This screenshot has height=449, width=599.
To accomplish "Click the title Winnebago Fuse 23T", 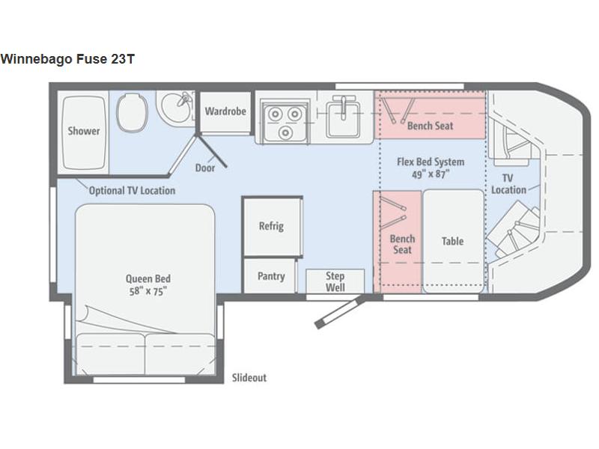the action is pos(67,59).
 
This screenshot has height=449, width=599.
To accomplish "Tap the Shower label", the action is pos(84,131).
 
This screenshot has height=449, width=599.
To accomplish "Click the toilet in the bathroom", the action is pos(132,113).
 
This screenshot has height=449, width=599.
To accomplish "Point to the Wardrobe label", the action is pos(225,112).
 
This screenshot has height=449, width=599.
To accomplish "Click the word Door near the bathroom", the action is pos(205,168).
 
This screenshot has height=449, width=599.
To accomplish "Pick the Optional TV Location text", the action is pos(133,191).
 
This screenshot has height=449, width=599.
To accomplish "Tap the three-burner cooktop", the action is pos(285,120).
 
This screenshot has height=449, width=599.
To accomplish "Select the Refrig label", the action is pos(271,226).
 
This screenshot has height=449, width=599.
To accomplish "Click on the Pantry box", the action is pos(270,275).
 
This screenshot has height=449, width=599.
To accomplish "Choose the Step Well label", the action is pos(335,281).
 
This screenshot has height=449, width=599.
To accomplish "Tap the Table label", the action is pos(453,241).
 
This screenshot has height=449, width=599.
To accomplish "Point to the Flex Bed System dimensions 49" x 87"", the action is pos(431,174).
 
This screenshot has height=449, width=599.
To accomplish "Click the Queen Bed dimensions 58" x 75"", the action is pos(148,292).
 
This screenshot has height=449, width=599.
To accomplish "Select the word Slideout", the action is pos(249,378).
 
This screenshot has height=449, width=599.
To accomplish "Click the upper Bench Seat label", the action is pos(430,126).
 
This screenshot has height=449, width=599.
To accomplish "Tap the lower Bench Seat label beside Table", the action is pos(402,245).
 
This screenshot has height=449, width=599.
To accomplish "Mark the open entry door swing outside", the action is pos(338,313).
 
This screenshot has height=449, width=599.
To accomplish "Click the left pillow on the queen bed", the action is pos(110,354).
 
